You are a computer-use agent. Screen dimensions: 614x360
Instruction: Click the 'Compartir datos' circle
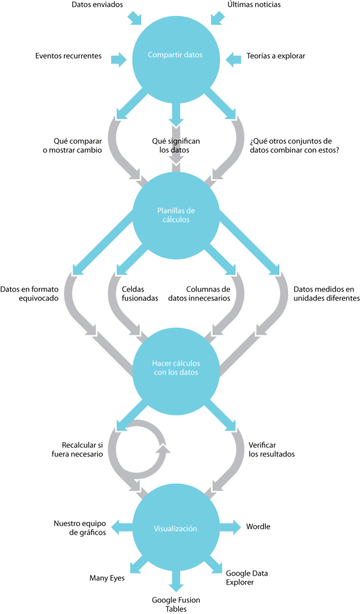point(175,55)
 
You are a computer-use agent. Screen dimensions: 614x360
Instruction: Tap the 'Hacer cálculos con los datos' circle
point(176,368)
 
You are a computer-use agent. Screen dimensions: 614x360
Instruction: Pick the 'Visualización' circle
point(175,529)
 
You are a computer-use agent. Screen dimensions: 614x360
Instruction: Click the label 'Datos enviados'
point(97,5)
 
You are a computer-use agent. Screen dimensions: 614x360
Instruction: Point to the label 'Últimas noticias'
point(254,5)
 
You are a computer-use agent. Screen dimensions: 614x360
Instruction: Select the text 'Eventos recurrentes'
point(68,56)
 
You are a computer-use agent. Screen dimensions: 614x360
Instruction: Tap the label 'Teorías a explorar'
point(276,56)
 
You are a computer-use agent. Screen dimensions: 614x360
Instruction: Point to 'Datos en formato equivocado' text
point(29,294)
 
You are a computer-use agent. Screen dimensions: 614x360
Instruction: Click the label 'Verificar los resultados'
point(272,449)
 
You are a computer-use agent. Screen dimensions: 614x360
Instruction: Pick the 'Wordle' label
point(258,527)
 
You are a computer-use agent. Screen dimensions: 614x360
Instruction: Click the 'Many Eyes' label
point(107,579)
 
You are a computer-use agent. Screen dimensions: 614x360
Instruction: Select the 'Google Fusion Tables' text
point(176,604)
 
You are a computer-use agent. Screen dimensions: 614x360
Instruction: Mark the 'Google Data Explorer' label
point(247,578)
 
